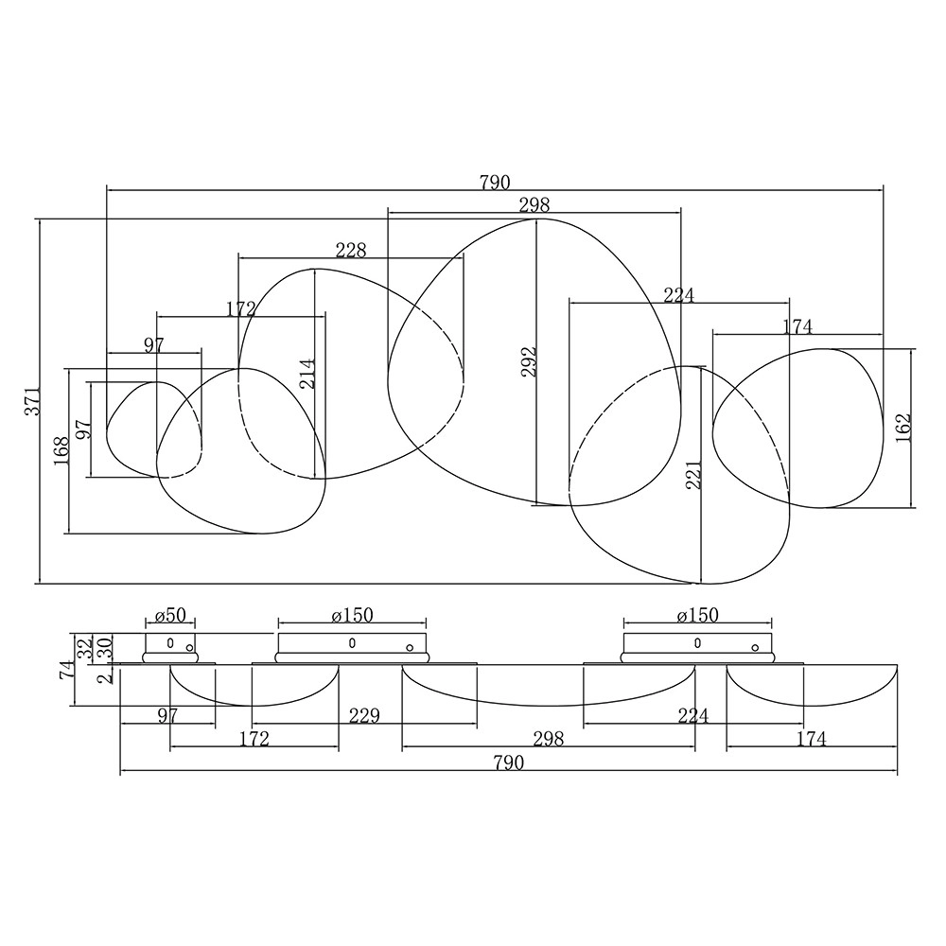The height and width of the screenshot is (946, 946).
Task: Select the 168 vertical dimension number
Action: point(61,450)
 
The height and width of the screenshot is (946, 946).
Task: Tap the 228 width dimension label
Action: point(351,249)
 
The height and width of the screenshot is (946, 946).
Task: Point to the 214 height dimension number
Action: point(307,374)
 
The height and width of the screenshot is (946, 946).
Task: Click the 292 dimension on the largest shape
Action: point(529,361)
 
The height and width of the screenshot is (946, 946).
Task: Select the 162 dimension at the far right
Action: point(903,428)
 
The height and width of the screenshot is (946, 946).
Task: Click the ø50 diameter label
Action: point(170,616)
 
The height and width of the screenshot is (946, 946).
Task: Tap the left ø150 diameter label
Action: point(352,616)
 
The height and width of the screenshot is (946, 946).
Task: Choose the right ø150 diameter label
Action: point(697,616)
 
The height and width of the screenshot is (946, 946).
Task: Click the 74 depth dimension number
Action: point(67,670)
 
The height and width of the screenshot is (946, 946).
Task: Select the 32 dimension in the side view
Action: point(86,647)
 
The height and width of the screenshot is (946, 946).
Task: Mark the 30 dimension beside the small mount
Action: point(105,647)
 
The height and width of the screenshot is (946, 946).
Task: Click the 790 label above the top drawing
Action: point(495,183)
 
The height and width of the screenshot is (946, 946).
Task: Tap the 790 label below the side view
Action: point(509,762)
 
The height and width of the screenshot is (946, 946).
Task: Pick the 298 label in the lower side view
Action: point(549,739)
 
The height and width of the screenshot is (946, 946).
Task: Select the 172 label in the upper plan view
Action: point(241,309)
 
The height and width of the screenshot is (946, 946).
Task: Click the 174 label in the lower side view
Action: point(811,739)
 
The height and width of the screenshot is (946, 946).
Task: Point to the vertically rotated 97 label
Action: point(84,429)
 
